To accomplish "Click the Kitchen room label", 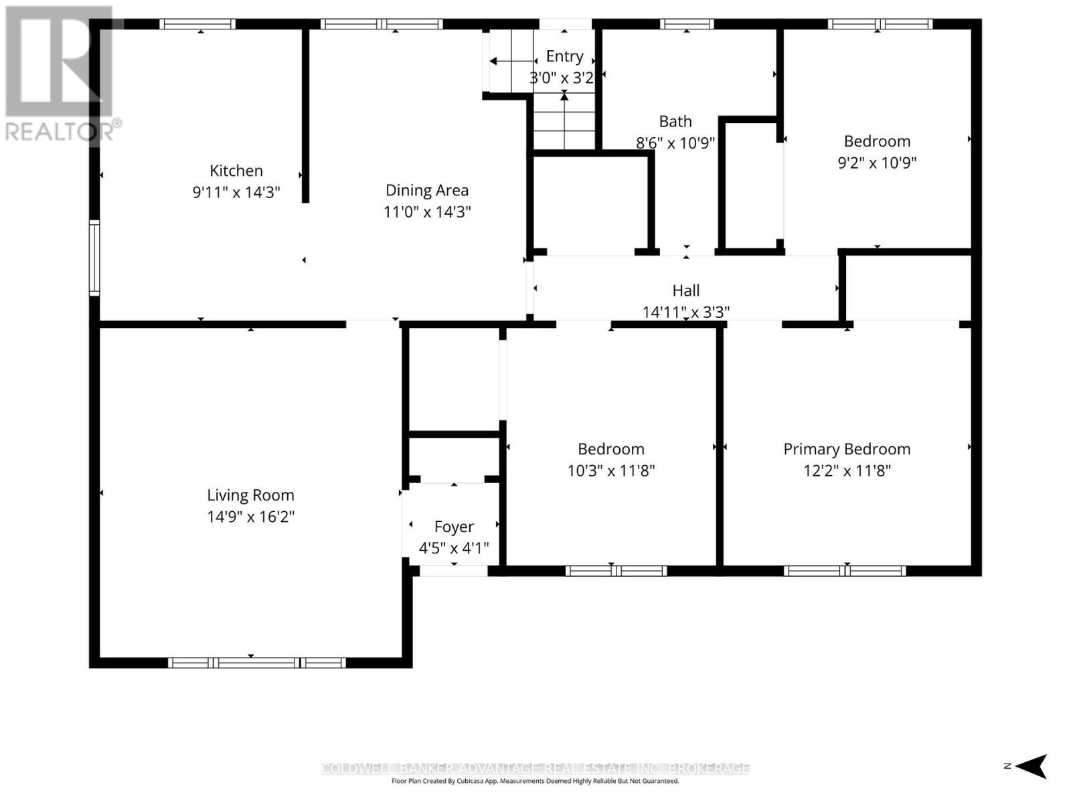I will tap(236, 171).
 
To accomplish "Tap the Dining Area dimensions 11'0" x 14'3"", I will tap(427, 212).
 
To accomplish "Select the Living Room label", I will tap(250, 495).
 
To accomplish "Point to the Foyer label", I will tap(454, 527).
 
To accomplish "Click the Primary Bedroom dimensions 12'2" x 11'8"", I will tap(847, 470).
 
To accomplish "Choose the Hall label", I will tap(685, 290).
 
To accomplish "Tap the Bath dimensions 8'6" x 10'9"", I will tap(675, 143).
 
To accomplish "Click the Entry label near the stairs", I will tap(564, 56).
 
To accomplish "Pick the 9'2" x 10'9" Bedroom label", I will tap(877, 141).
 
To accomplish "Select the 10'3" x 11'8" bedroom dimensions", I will tap(610, 470).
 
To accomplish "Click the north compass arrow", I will tap(1034, 766).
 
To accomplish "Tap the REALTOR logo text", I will tap(64, 130).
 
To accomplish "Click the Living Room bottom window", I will tap(256, 662).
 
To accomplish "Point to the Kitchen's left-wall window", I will tap(94, 258).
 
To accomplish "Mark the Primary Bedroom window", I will tap(845, 571).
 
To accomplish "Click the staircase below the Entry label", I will tap(564, 124).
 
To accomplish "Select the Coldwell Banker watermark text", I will tap(535, 768).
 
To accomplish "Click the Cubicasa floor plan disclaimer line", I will tap(535, 781).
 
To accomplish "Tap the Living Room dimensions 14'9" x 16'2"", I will tap(250, 517).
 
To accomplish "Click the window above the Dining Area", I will tap(382, 24).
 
